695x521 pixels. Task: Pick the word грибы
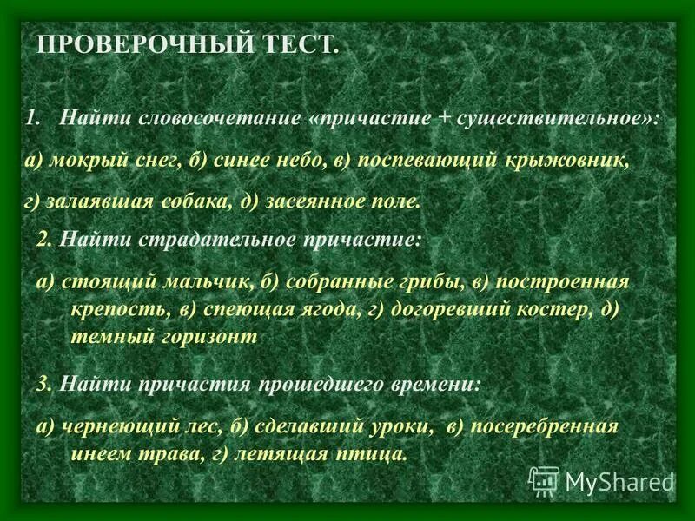(420, 282)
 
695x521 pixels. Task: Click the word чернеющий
(109, 426)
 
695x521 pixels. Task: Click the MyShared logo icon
(544, 480)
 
